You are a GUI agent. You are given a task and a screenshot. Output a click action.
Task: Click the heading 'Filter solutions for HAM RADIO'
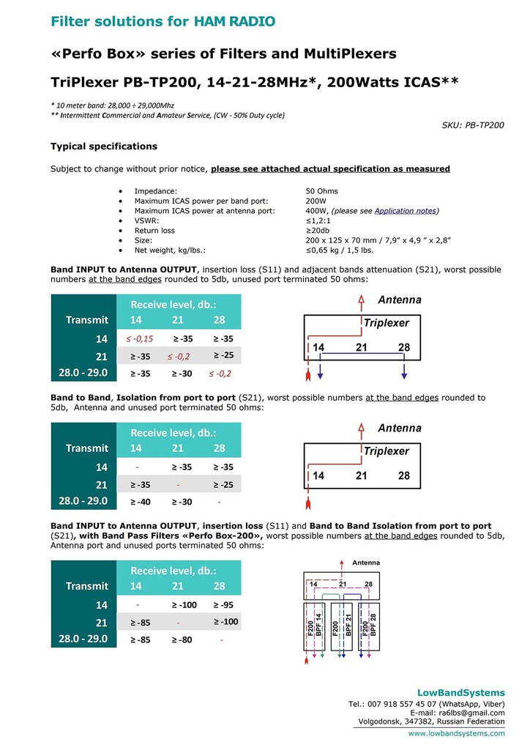point(163,21)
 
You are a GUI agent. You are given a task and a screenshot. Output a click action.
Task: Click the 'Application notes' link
point(405,211)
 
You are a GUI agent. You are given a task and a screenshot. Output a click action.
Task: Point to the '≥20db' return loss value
point(319,230)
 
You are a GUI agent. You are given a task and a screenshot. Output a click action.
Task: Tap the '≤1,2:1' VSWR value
point(319,220)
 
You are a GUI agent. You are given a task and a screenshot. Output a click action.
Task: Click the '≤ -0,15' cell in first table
point(138,338)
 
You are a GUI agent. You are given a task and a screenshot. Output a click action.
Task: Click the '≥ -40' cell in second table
point(141,502)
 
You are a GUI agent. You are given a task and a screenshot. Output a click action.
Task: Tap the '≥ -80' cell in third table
point(182,639)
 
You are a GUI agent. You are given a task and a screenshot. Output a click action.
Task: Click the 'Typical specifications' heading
point(103,146)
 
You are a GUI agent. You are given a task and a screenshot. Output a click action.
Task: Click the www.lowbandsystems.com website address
point(456,732)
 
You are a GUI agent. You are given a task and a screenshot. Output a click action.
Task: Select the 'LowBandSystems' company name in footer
point(460,692)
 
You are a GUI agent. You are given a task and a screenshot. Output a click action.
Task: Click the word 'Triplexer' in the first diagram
point(386,323)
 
